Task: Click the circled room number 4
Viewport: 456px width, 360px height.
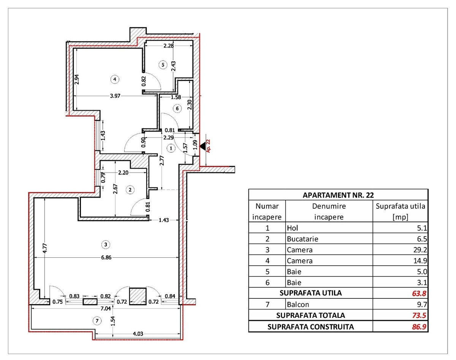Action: coord(115,79)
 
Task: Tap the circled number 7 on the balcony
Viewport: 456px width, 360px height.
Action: coord(97,320)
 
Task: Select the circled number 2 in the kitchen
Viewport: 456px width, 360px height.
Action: coord(130,190)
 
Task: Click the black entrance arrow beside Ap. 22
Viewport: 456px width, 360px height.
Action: coord(203,146)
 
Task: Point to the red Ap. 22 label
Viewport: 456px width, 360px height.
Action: coord(208,146)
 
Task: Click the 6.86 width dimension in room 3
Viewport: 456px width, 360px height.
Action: coord(106,257)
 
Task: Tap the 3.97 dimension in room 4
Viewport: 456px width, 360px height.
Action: coord(115,96)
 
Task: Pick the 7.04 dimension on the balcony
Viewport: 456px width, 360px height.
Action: coord(106,308)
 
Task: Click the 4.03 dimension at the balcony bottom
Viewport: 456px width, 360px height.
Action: coord(138,334)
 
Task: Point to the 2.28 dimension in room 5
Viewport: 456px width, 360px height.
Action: coord(168,46)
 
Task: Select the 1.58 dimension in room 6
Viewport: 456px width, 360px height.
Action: coord(176,97)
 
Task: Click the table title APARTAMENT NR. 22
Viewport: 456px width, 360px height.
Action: coord(338,195)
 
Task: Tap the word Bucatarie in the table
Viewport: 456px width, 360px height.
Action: coord(302,239)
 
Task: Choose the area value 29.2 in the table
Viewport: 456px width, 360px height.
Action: coord(420,250)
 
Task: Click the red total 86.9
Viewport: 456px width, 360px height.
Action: coord(419,327)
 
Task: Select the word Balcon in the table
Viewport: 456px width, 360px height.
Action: coord(298,304)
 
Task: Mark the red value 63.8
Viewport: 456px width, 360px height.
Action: coord(419,293)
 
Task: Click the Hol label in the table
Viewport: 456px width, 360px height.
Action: coord(292,228)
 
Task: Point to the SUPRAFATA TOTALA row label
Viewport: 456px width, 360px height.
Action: coord(310,315)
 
